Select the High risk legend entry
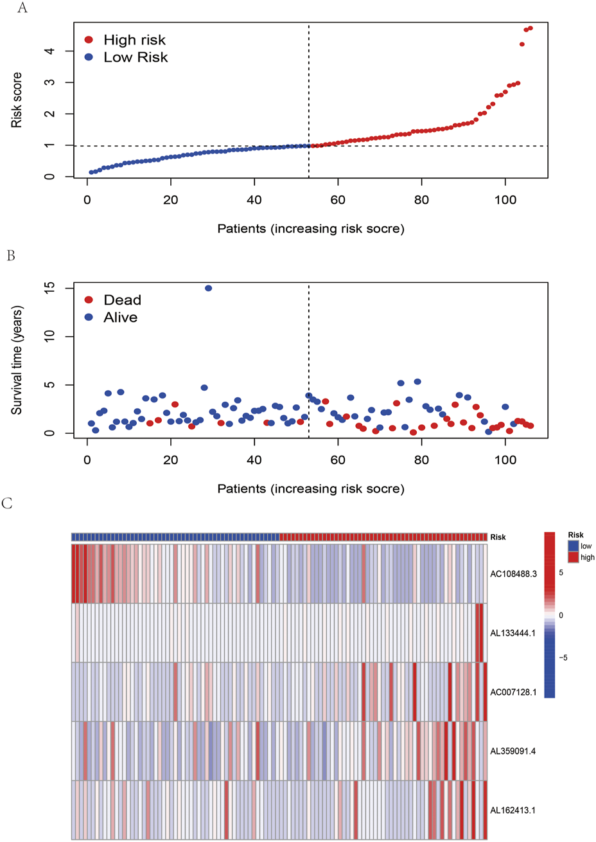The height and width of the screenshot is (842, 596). click(x=125, y=40)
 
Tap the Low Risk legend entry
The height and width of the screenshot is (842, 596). click(x=126, y=57)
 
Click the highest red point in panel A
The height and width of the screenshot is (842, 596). click(x=530, y=28)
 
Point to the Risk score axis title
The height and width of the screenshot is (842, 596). click(x=17, y=100)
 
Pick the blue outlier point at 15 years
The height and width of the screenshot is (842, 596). click(x=208, y=288)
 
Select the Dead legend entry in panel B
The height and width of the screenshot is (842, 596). click(x=112, y=300)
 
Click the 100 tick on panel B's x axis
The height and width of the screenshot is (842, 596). click(x=505, y=460)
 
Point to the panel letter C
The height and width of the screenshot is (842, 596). click(x=7, y=503)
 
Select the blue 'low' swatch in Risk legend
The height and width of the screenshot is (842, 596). click(x=573, y=546)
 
